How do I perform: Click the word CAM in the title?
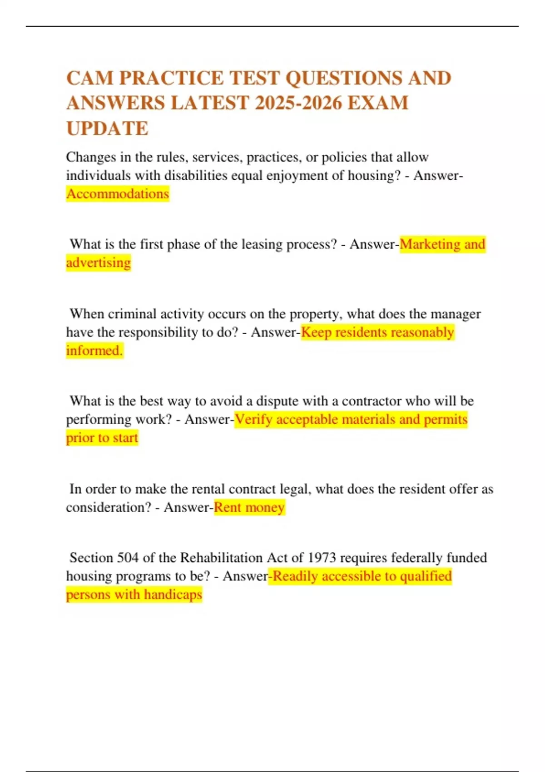pyautogui.click(x=89, y=78)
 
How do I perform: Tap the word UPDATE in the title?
pyautogui.click(x=107, y=129)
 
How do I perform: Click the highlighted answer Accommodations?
pyautogui.click(x=118, y=194)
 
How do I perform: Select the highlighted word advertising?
pyautogui.click(x=99, y=262)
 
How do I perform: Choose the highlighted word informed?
pyautogui.click(x=94, y=351)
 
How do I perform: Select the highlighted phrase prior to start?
pyautogui.click(x=102, y=438)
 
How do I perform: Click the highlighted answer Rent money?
pyautogui.click(x=249, y=507)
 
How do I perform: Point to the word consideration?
pyautogui.click(x=108, y=507)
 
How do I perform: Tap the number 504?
pyautogui.click(x=128, y=558)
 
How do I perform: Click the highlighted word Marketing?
pyautogui.click(x=430, y=244)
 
